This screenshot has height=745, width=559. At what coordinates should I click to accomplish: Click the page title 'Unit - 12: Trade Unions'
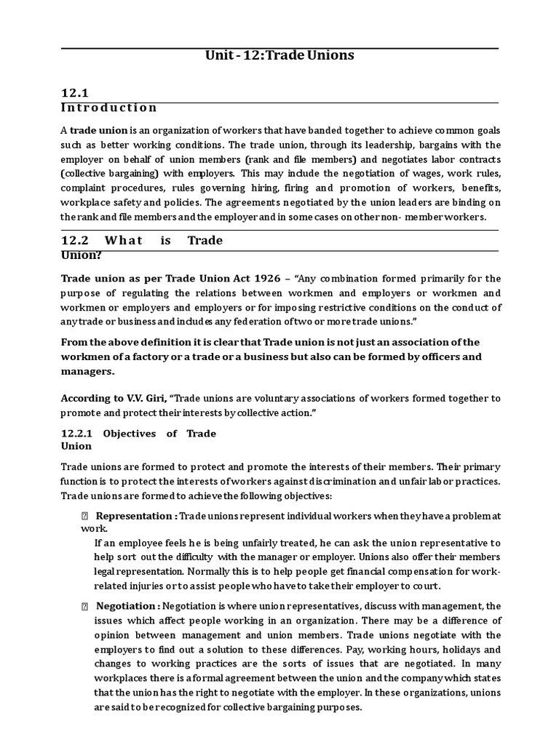(280, 56)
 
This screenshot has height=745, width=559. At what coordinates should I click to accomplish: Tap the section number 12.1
(74, 92)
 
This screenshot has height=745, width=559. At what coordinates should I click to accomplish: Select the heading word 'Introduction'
(108, 108)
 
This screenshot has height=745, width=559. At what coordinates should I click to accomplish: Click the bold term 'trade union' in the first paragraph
(98, 130)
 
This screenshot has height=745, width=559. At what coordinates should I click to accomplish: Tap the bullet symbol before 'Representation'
(84, 516)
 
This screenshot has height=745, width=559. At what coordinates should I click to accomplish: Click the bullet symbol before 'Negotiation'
(84, 606)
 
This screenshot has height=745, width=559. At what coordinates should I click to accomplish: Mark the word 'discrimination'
(340, 481)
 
